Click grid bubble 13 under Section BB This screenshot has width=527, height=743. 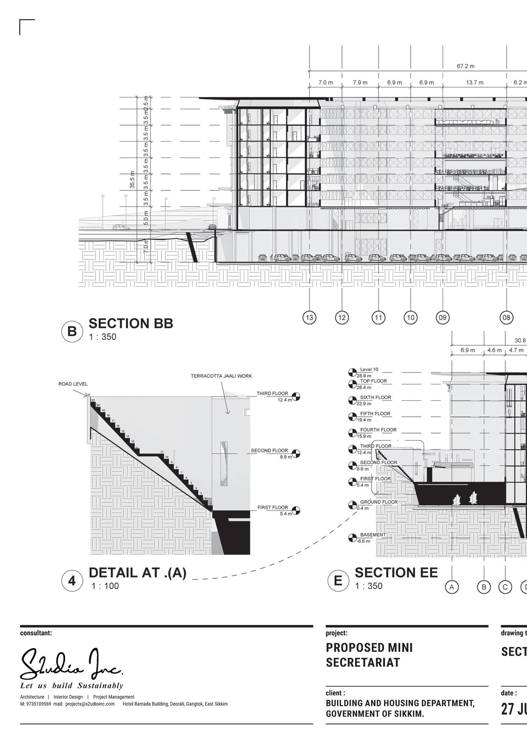click(x=310, y=317)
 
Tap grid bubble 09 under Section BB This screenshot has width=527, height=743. click(x=443, y=317)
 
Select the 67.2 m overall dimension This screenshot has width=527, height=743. click(x=466, y=66)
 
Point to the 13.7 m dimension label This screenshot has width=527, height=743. click(x=474, y=83)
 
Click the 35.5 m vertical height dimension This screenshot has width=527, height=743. click(x=132, y=180)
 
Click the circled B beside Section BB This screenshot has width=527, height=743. click(x=72, y=331)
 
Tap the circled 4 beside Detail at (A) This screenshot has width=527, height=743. click(x=72, y=581)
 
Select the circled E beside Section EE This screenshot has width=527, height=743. click(x=338, y=580)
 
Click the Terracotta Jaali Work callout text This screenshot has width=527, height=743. click(x=221, y=376)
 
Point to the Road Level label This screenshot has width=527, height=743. click(x=73, y=384)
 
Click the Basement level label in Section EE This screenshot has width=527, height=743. click(x=373, y=535)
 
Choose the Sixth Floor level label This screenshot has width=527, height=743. click(x=375, y=397)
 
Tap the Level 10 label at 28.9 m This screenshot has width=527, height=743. click(x=369, y=369)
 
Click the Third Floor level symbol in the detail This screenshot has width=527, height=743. click(x=296, y=396)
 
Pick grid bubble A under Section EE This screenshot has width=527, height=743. click(x=452, y=587)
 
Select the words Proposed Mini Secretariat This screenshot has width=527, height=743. click(x=369, y=655)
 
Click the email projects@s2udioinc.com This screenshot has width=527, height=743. click(x=90, y=704)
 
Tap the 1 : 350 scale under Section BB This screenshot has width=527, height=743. click(x=102, y=337)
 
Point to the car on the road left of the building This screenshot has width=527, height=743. click(x=121, y=227)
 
